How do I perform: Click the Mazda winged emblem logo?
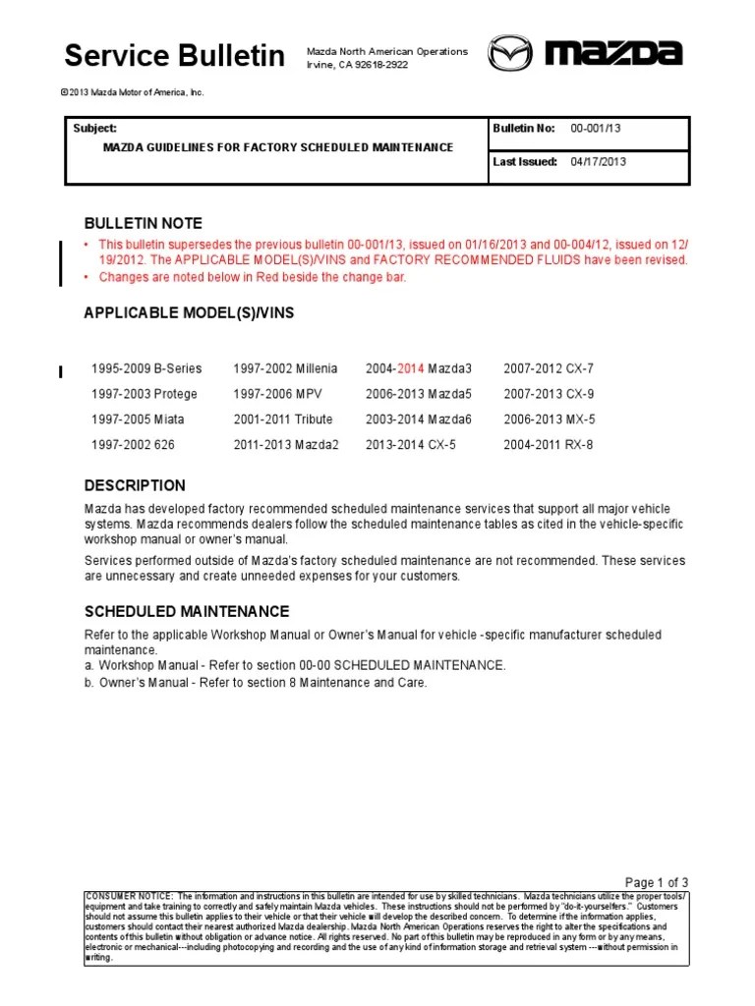510,53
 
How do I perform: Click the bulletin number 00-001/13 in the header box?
596,129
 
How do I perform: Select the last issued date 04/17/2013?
598,162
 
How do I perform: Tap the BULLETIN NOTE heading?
144,224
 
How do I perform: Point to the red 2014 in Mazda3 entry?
410,368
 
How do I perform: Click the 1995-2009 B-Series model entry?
146,368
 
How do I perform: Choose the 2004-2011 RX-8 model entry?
549,445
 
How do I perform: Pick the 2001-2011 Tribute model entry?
283,419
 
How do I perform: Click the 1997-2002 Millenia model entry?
285,368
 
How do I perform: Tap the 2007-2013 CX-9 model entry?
549,394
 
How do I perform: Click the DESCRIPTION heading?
135,485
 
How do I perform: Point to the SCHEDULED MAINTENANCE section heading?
187,611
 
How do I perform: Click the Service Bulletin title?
175,56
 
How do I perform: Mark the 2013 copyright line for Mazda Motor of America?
132,92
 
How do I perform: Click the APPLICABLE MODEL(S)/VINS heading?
189,313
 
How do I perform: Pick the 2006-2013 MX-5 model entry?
549,419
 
